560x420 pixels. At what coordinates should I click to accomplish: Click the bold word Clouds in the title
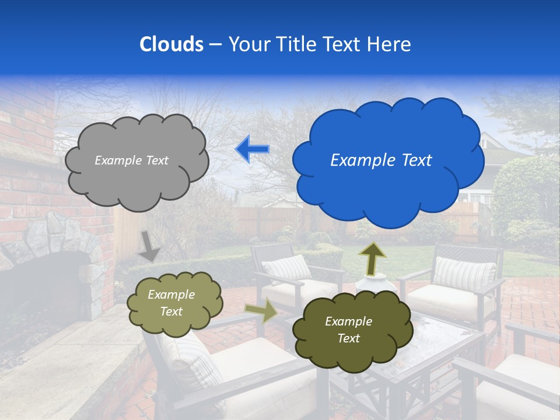[171, 44]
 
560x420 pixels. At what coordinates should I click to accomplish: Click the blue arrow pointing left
[253, 149]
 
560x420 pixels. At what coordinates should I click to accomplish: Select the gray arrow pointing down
[150, 246]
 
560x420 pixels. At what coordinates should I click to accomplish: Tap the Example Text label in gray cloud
[131, 160]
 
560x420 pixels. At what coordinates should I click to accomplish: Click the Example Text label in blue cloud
[381, 160]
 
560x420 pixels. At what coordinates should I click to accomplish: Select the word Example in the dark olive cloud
[348, 321]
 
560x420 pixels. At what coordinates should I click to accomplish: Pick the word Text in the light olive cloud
[171, 311]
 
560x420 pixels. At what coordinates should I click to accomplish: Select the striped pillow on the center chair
[287, 269]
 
